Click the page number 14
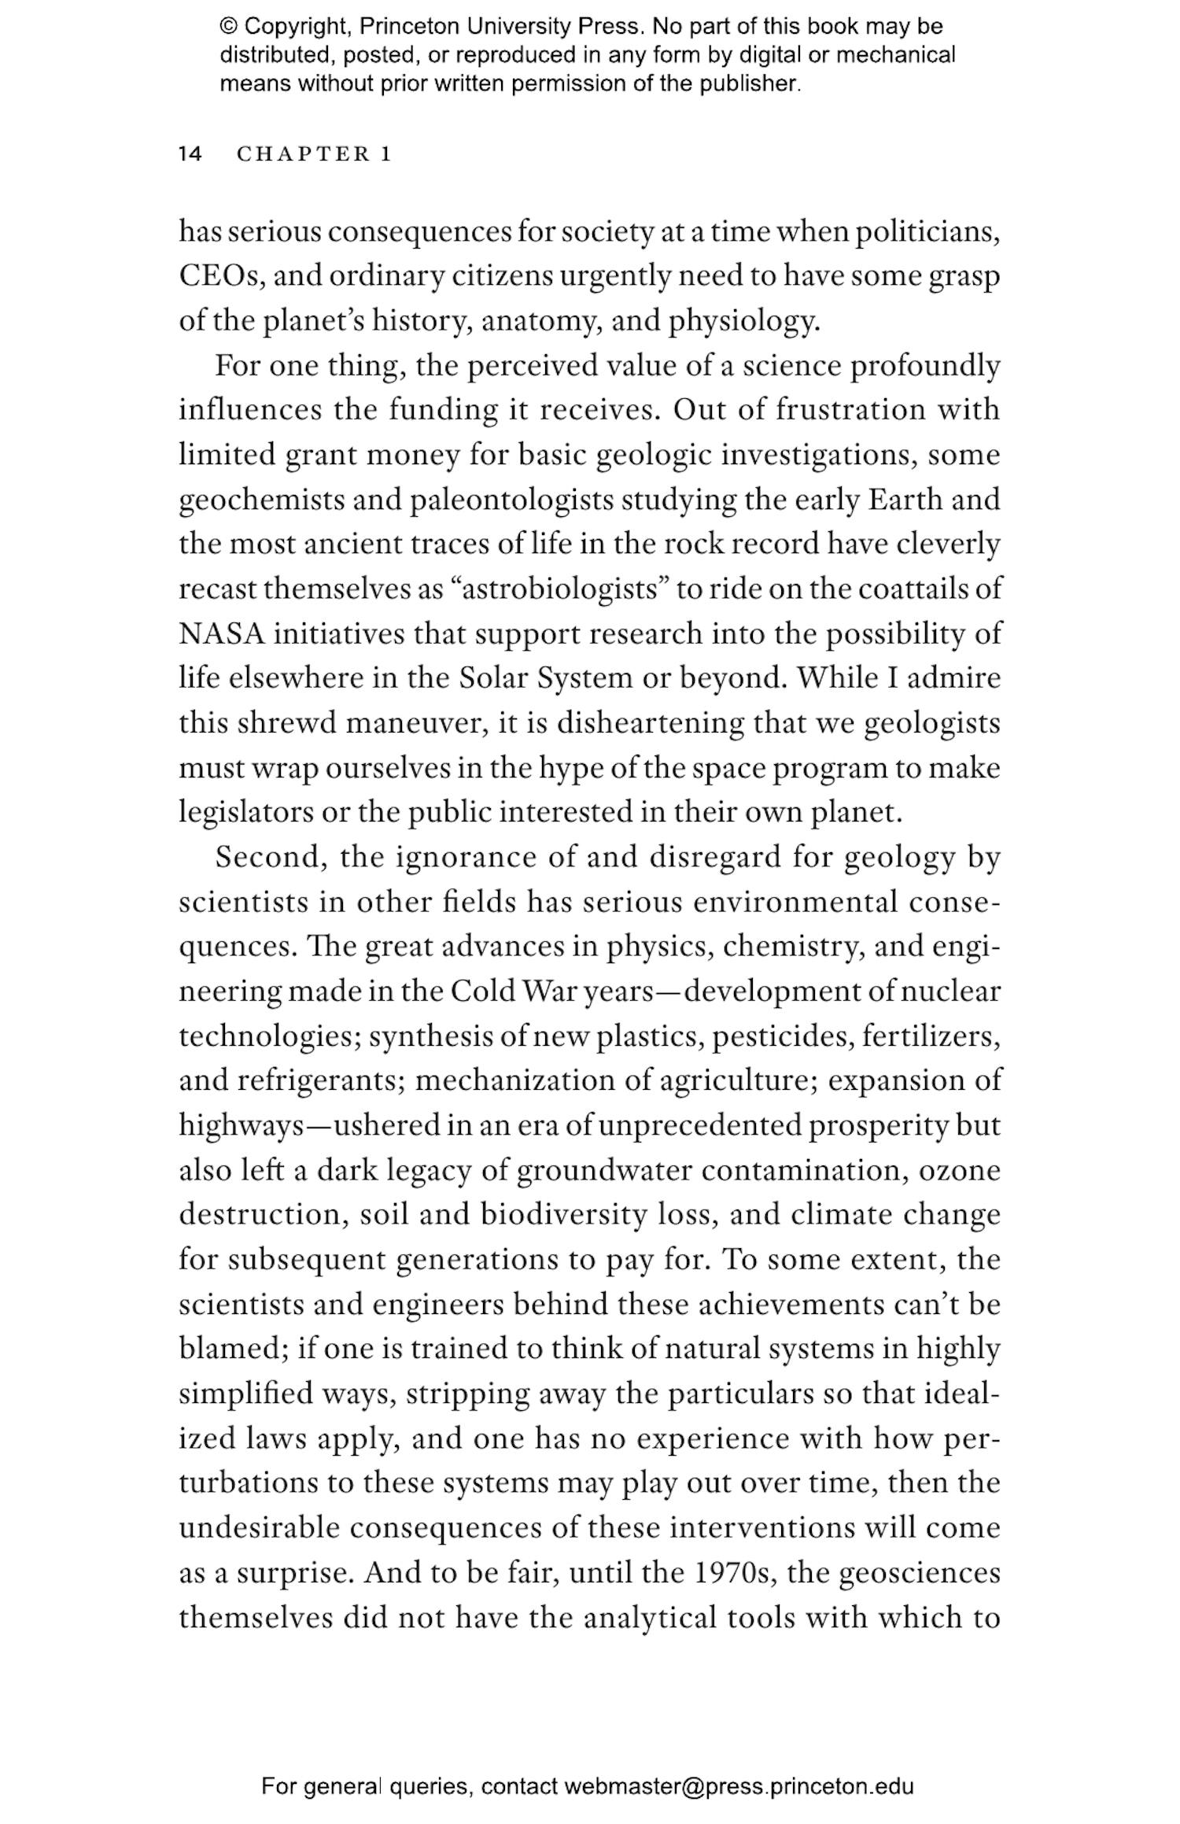pyautogui.click(x=190, y=154)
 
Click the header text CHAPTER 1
pyautogui.click(x=314, y=154)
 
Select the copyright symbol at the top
pyautogui.click(x=228, y=27)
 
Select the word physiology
pyautogui.click(x=743, y=321)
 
